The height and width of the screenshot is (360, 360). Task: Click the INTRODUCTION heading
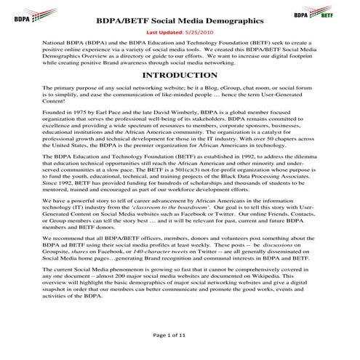tap(179, 95)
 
